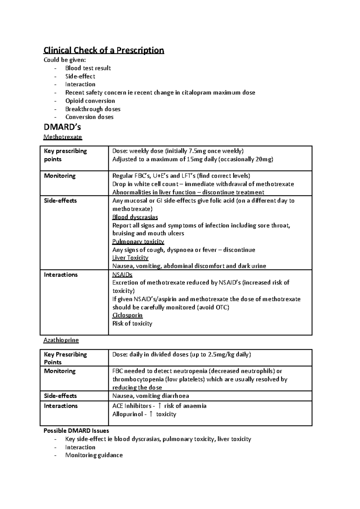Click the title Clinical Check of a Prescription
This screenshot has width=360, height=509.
tap(104, 50)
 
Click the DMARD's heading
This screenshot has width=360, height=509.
tap(62, 127)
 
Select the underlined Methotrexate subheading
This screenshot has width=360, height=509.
tap(62, 137)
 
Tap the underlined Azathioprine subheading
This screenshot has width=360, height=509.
tap(61, 340)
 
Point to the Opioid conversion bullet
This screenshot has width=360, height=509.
tap(90, 101)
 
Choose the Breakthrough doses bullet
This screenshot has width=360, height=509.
tap(93, 109)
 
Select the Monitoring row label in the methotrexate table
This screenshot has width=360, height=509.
tap(60, 176)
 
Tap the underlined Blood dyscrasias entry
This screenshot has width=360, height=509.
tap(135, 217)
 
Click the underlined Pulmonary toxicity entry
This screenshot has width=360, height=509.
tap(138, 241)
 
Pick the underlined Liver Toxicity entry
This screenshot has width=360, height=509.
tap(130, 258)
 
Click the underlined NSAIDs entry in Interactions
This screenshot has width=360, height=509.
tap(122, 275)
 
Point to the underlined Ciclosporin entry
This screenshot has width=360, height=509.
tap(127, 315)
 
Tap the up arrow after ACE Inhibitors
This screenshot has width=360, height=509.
tap(159, 406)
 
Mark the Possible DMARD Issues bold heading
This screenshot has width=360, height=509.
tap(76, 431)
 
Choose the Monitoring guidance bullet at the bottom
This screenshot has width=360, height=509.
tap(94, 455)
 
